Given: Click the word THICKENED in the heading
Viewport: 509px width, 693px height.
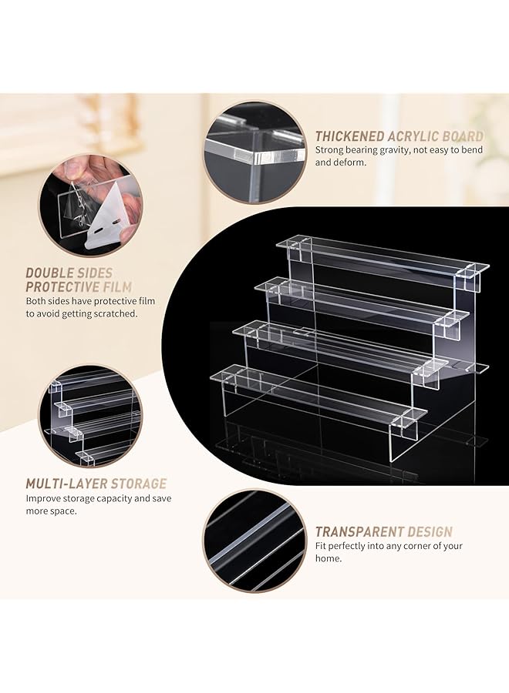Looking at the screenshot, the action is point(349,136).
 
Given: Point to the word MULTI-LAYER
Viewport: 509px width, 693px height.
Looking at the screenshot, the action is point(66,484).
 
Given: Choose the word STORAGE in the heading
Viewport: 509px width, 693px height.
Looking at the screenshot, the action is point(139,484).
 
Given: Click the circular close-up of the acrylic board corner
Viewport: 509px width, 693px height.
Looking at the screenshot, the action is point(254,152).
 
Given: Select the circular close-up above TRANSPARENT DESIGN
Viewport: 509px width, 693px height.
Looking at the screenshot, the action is point(254,540).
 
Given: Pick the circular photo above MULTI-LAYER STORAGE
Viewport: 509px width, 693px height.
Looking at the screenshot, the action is point(90,416).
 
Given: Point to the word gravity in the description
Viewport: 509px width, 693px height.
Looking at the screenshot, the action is point(393,150).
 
